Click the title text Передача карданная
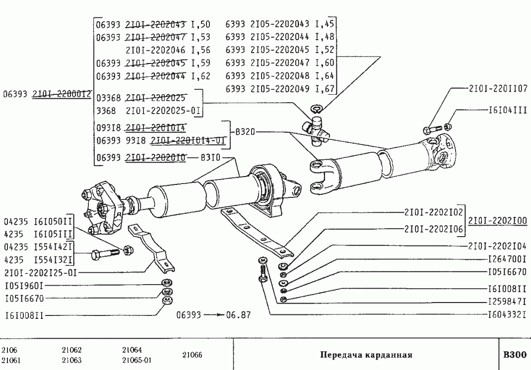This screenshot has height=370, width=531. [x=366, y=355]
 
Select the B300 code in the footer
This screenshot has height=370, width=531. [x=514, y=355]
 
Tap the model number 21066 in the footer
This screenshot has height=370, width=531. [x=192, y=355]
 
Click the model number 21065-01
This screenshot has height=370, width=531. [x=136, y=361]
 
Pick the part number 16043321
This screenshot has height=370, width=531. [x=506, y=314]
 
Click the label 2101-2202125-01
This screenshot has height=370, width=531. [x=41, y=272]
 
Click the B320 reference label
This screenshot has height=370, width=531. [x=245, y=132]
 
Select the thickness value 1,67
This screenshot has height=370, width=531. [x=326, y=89]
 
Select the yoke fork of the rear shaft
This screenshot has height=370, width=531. [x=320, y=174]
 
